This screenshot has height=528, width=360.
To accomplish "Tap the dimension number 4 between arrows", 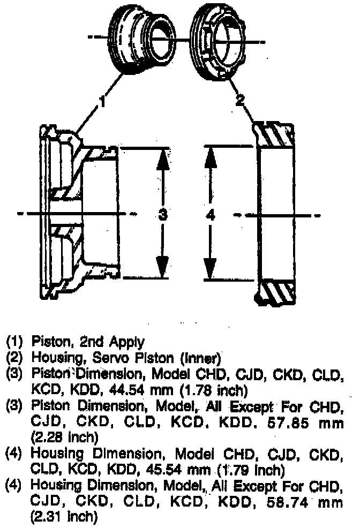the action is point(211,215).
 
